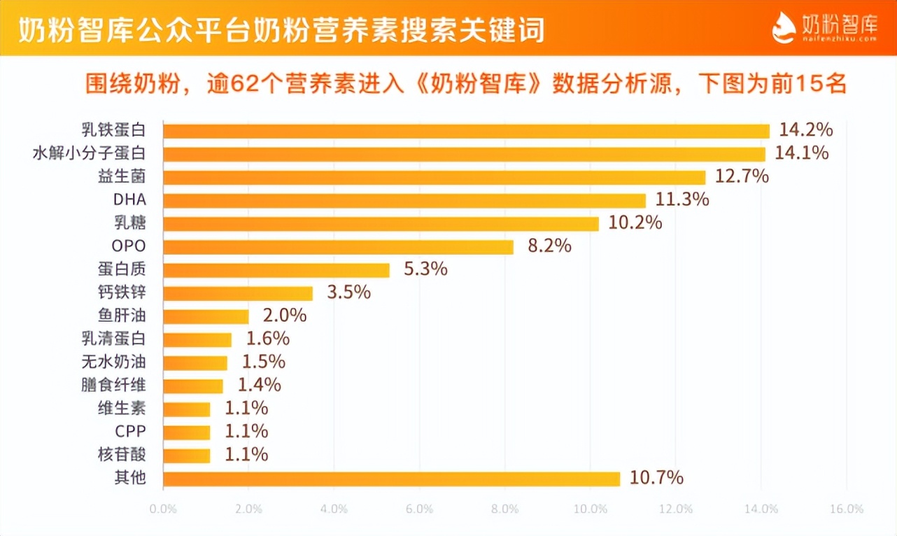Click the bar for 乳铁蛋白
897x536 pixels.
click(466, 131)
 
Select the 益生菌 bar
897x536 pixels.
click(434, 177)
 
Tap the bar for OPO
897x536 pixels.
click(338, 247)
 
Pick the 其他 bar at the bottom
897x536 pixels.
click(391, 479)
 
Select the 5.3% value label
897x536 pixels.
click(425, 269)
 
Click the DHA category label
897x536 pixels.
click(129, 200)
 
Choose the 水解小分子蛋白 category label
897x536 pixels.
click(89, 153)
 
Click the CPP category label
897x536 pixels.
click(130, 432)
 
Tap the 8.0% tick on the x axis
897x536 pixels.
click(504, 509)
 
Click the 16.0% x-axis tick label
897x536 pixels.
click(846, 509)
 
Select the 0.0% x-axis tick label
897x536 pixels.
click(163, 509)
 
